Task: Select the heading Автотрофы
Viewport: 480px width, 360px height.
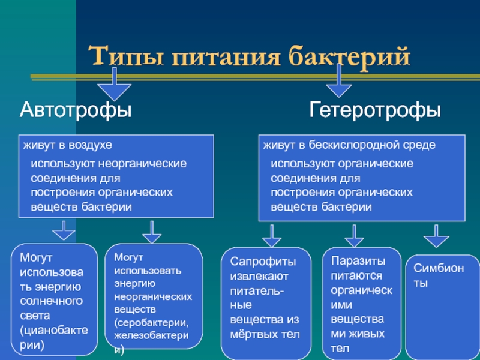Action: click(76, 110)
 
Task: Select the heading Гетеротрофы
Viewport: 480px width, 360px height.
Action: click(375, 110)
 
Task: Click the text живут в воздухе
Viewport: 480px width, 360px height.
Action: click(68, 146)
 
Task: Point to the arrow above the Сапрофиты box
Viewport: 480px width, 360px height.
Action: click(272, 236)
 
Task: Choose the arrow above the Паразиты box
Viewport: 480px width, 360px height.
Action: click(354, 236)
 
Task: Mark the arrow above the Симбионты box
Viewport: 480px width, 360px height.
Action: click(437, 236)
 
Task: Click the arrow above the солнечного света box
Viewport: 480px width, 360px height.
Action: click(63, 230)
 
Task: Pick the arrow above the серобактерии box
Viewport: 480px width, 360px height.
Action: click(152, 232)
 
